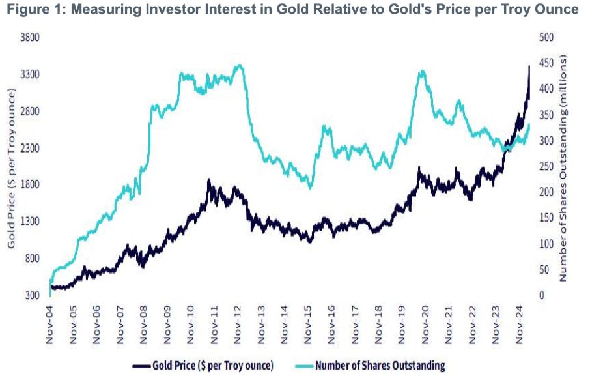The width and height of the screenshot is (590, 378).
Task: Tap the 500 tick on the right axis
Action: click(x=547, y=37)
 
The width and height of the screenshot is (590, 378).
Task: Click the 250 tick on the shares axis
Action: click(x=547, y=166)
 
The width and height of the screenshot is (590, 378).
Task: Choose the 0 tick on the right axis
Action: click(x=542, y=295)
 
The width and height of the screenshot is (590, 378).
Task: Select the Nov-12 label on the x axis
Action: click(x=238, y=323)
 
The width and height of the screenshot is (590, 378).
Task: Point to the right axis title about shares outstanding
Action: click(x=564, y=166)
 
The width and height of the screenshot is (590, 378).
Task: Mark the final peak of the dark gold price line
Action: click(x=529, y=66)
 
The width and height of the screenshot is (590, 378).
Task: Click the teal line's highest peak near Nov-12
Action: click(x=240, y=65)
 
